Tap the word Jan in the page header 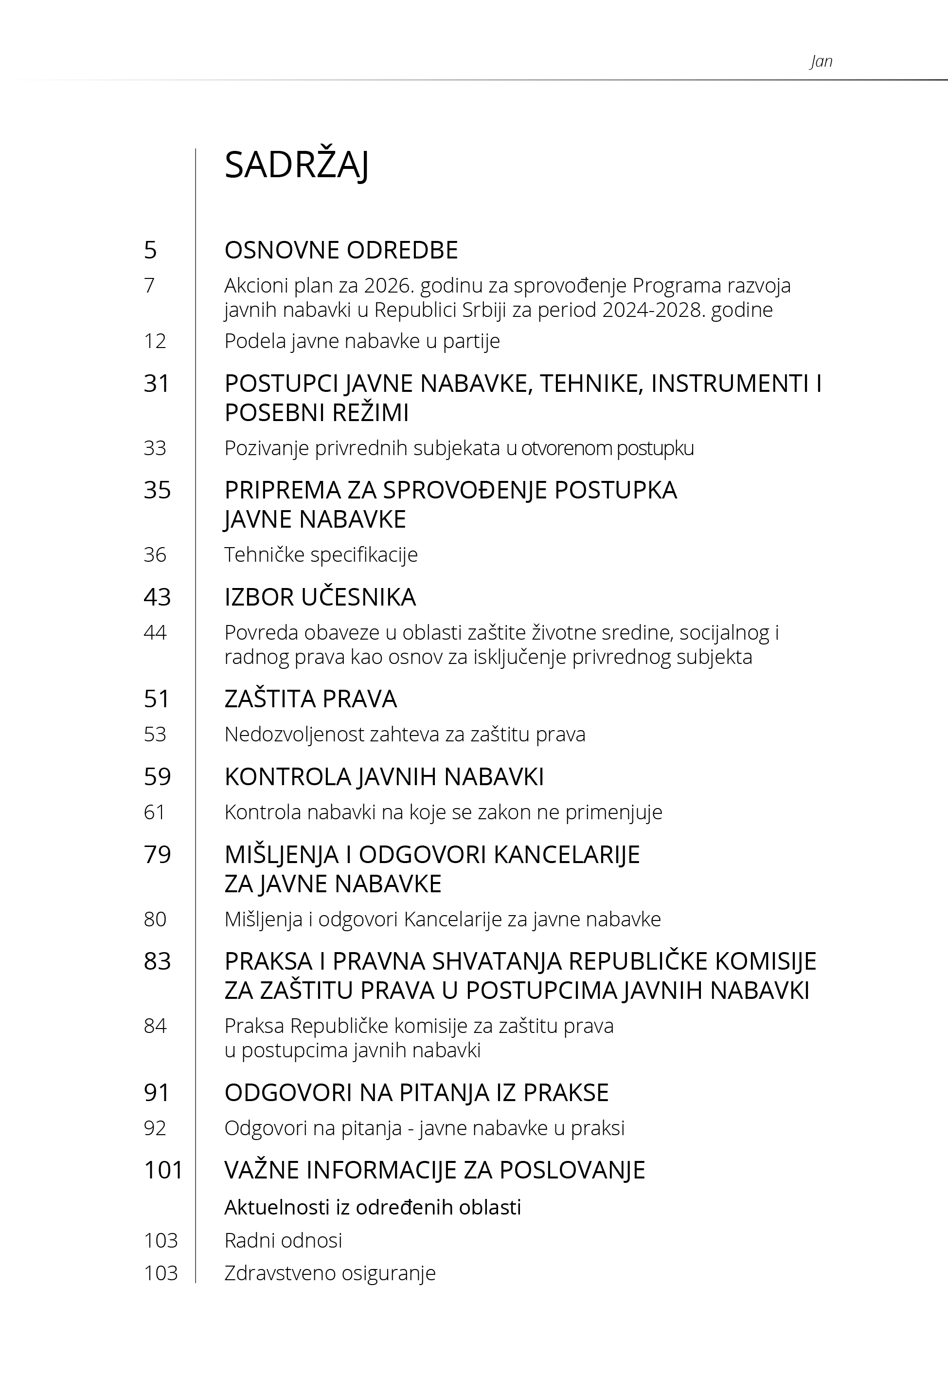tap(821, 61)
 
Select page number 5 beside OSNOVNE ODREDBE tap(150, 250)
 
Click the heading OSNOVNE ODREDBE tap(341, 250)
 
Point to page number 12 tap(155, 341)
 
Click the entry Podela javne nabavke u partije tap(362, 341)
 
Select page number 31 tap(157, 384)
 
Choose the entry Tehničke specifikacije tap(321, 554)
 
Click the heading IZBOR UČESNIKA tap(320, 597)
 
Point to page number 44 tap(155, 632)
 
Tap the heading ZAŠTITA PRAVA tap(310, 699)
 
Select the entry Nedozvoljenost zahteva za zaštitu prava tap(405, 735)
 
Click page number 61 tap(155, 812)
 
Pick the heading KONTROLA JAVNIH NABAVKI tap(384, 777)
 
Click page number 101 tap(163, 1170)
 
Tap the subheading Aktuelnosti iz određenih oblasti tap(373, 1207)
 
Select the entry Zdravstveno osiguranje tap(330, 1273)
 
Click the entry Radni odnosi tap(284, 1240)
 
